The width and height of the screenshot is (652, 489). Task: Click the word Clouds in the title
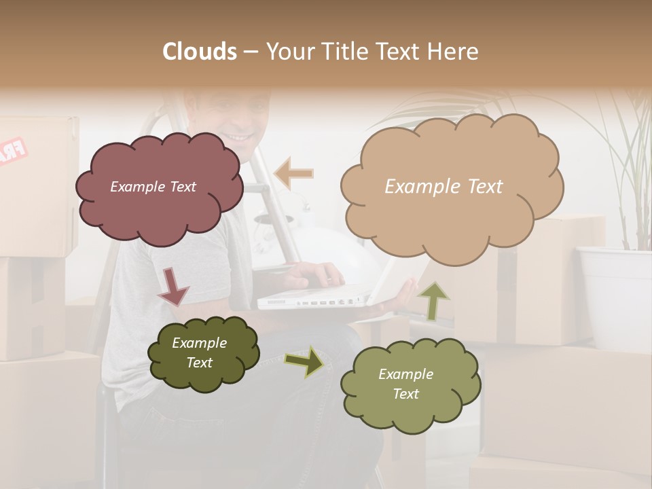click(x=200, y=52)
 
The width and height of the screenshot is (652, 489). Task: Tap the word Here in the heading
click(x=452, y=52)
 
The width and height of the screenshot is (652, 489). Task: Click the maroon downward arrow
click(x=173, y=286)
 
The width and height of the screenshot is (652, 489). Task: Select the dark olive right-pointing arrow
click(x=304, y=361)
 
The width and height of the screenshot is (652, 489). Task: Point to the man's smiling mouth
click(x=239, y=137)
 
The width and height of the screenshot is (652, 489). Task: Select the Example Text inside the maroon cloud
click(x=153, y=187)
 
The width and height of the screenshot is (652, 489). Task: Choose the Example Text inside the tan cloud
click(x=443, y=187)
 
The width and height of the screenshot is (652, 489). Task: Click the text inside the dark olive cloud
click(x=199, y=352)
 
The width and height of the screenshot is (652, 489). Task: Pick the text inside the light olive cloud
click(x=405, y=384)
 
